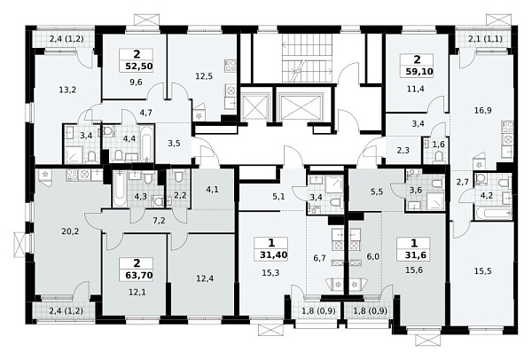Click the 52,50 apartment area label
[139, 66]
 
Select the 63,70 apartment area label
[138, 275]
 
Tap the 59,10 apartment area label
[419, 72]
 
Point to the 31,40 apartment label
[274, 254]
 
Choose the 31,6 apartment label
[414, 254]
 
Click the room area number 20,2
[70, 231]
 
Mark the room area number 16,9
[483, 110]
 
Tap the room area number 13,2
[67, 90]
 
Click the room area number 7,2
[159, 221]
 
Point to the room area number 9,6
[136, 82]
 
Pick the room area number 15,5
[483, 271]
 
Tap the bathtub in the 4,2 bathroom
[493, 214]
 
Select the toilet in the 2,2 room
[178, 176]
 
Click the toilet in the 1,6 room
[438, 157]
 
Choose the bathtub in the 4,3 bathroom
[119, 190]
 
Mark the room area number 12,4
[205, 279]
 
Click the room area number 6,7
[319, 258]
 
